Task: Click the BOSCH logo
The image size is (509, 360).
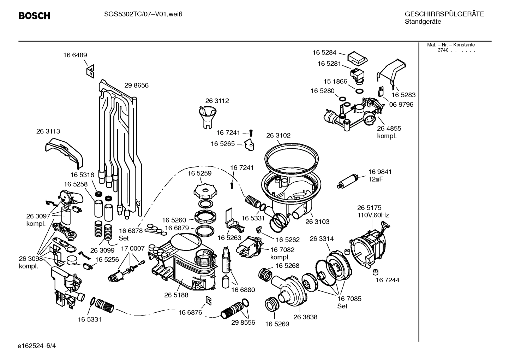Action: [34, 16]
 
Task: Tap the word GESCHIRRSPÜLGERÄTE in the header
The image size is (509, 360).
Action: [444, 14]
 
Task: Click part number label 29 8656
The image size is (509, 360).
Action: [136, 85]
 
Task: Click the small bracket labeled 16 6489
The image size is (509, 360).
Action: [90, 71]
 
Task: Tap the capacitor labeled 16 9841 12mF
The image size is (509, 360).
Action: [347, 181]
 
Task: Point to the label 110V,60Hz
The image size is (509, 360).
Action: [373, 215]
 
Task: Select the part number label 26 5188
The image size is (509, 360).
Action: [176, 295]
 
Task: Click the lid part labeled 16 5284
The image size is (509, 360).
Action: [357, 58]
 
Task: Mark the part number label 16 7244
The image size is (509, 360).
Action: [387, 280]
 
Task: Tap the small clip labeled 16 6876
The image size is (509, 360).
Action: [209, 300]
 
